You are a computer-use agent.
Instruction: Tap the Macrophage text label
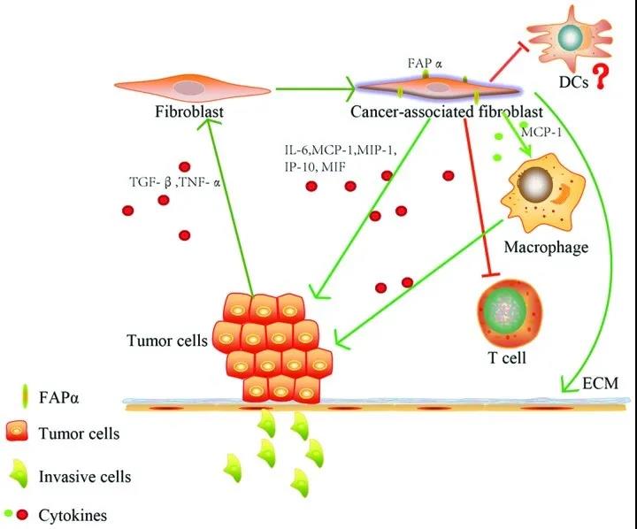click(546, 247)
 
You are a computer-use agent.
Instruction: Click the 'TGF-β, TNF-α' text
click(180, 184)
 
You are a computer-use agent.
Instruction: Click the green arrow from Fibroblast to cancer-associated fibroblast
click(313, 88)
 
